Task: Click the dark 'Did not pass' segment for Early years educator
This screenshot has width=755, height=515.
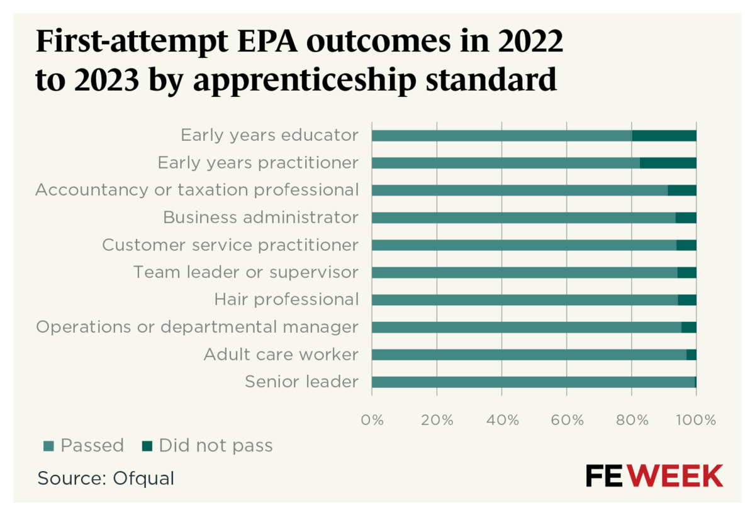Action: point(664,136)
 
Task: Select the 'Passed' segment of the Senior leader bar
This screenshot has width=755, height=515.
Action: point(533,382)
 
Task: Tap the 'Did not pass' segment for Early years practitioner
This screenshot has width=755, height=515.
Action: point(668,163)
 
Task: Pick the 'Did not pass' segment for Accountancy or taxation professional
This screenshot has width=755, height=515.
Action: point(682,191)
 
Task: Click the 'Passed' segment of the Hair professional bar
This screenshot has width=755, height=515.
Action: point(524,300)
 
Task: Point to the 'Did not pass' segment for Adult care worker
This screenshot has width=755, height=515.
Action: point(691,355)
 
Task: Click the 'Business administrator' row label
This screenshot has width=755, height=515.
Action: point(260,218)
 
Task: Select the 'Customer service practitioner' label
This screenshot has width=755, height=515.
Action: point(230,245)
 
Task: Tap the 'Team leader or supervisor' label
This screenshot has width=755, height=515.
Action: point(245,272)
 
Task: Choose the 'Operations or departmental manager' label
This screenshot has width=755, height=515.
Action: point(197,327)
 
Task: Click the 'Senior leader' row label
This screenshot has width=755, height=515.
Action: point(301,382)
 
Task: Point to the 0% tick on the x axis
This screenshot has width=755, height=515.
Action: point(372,419)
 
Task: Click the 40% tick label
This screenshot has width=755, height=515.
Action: point(502,419)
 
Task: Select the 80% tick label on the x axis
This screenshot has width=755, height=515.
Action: point(631,419)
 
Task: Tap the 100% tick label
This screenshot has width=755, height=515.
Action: point(696,419)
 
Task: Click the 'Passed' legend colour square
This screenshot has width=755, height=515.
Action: point(48,446)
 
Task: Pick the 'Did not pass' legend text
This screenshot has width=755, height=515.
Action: point(216,446)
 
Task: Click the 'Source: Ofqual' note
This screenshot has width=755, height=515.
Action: point(106,478)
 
